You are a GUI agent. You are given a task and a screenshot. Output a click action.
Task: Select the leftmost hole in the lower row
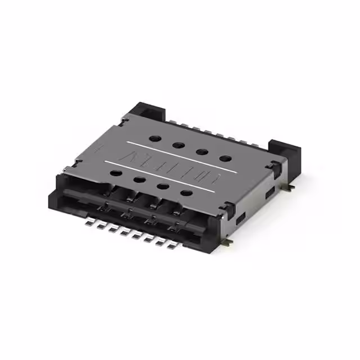(x=116, y=173)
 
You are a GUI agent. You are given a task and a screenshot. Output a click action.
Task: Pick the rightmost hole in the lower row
(x=186, y=193)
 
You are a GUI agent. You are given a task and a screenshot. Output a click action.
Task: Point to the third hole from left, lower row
(x=163, y=187)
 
